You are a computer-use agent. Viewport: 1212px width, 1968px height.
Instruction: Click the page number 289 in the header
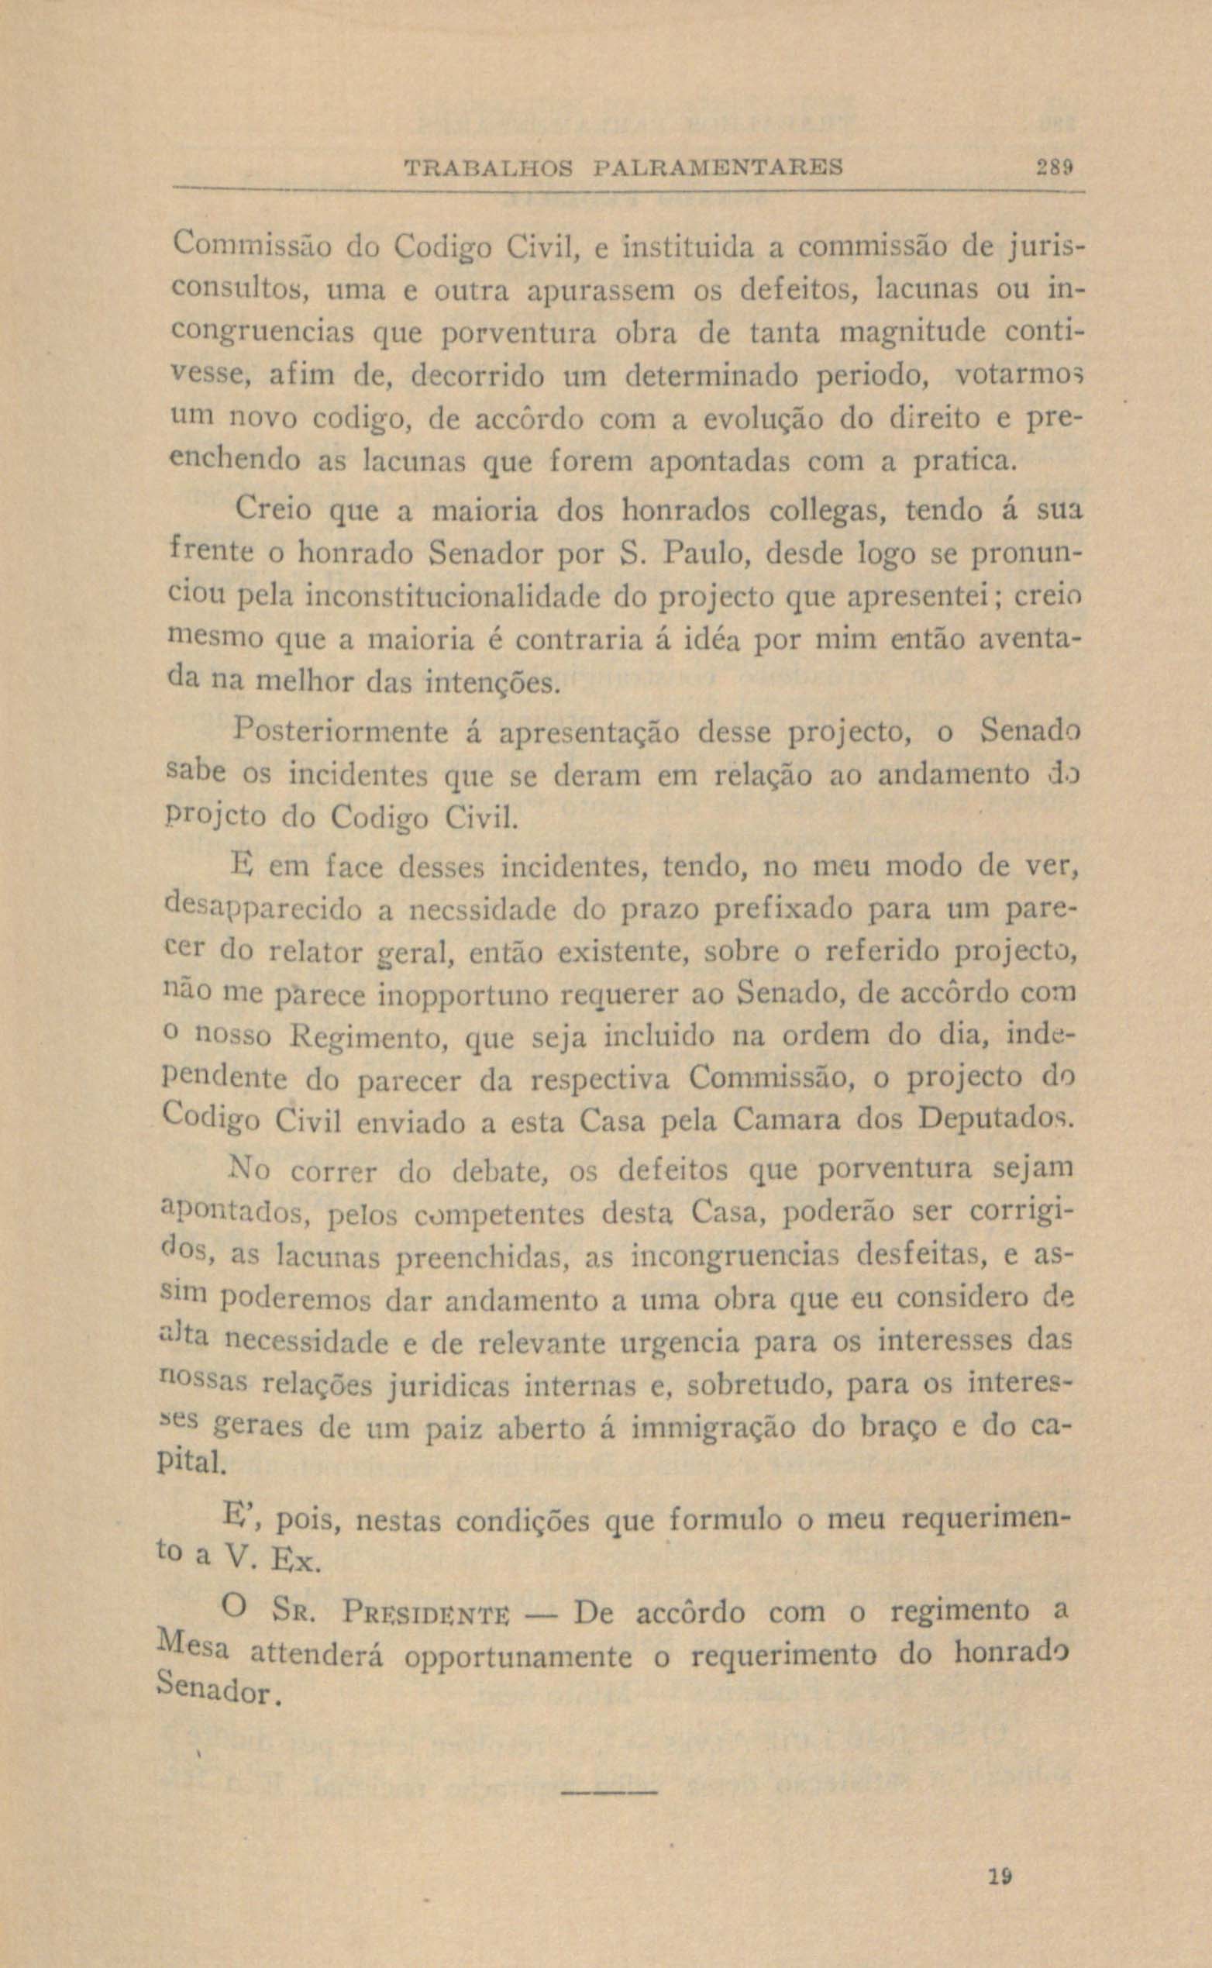click(1052, 169)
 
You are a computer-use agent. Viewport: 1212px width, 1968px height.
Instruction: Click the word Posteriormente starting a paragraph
click(343, 732)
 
